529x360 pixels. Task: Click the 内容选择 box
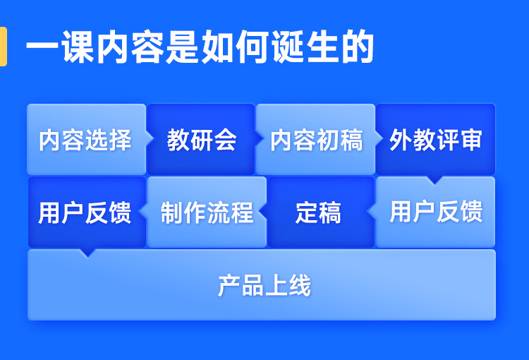(86, 139)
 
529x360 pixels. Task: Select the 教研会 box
(201, 139)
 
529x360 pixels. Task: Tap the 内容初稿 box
(315, 139)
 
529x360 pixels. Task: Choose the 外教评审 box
(436, 139)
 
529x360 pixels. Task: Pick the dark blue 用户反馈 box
(87, 212)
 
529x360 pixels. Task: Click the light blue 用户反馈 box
(436, 212)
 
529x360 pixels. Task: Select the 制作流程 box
(207, 212)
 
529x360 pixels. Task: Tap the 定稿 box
(321, 212)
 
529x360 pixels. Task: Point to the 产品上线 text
(264, 286)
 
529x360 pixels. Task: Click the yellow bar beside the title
(3, 47)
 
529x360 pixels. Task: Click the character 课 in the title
(78, 47)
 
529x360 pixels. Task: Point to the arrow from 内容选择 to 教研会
(150, 138)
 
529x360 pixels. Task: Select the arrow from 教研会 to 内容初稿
(258, 138)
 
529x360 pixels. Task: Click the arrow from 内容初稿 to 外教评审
(379, 138)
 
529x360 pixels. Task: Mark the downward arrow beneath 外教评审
(434, 180)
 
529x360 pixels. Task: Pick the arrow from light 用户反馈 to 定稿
(372, 212)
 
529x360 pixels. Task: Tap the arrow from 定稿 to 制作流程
(263, 212)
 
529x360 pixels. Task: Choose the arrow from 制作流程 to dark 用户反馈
(143, 212)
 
